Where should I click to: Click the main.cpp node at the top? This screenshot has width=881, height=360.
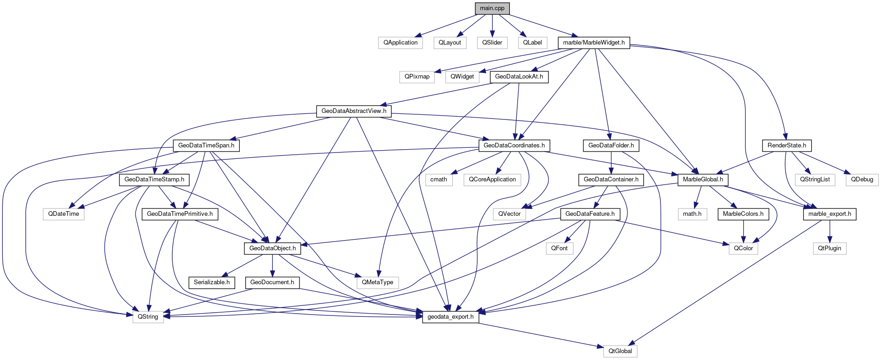pos(492,8)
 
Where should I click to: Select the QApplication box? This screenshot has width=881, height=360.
pos(401,43)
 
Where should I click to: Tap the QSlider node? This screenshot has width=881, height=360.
pos(492,43)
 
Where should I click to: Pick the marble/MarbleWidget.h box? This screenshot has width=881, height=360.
pos(593,43)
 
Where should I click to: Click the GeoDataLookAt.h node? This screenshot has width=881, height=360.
pos(519,77)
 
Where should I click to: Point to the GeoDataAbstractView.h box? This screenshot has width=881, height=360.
pos(354,111)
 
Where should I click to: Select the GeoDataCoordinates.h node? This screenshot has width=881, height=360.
pos(514,146)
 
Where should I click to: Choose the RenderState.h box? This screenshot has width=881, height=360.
pos(787,146)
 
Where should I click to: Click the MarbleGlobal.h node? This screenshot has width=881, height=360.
pos(703,180)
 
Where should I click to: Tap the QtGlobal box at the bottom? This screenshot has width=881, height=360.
pos(620,351)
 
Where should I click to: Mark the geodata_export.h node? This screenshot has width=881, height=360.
pos(450,317)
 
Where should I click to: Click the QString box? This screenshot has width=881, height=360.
pos(148,317)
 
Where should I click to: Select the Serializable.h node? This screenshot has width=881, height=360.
pos(212,282)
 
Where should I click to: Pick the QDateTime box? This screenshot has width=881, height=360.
pos(63,214)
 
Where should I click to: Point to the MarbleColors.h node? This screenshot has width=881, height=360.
pos(743,214)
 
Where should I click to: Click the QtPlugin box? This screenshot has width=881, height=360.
pos(830,248)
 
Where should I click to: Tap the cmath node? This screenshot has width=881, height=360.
pos(439,180)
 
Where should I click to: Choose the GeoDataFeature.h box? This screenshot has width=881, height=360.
pos(590,214)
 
